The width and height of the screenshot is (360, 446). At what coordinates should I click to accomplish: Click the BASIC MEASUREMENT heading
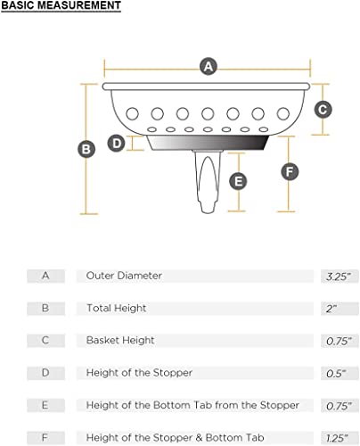click(x=61, y=5)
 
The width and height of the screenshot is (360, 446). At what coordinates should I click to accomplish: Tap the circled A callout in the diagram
click(x=209, y=66)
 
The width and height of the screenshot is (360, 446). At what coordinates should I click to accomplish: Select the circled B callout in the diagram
click(x=86, y=149)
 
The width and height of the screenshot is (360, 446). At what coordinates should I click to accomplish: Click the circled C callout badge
click(x=323, y=110)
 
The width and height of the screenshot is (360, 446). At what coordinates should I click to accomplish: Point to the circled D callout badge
click(x=116, y=144)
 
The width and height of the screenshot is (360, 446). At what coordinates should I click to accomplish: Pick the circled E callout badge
click(x=238, y=181)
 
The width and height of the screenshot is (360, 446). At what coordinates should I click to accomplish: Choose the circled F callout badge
click(x=290, y=171)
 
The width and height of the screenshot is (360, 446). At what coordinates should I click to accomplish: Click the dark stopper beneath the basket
click(x=209, y=143)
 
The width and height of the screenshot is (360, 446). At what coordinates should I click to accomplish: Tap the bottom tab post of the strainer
click(x=208, y=181)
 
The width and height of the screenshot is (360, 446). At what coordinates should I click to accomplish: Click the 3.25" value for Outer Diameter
click(x=339, y=277)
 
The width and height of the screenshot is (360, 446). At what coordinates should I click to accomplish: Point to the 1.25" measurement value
click(x=337, y=438)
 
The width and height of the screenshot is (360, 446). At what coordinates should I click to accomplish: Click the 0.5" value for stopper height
click(x=336, y=373)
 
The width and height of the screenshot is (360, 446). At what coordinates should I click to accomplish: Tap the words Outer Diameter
click(x=124, y=276)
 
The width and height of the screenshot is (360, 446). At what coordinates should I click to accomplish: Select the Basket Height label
click(x=120, y=341)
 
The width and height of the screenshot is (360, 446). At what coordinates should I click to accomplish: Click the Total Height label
click(x=116, y=308)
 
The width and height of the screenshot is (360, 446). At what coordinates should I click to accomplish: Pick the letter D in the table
click(x=45, y=373)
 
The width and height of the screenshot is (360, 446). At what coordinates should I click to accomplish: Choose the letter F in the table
click(x=45, y=437)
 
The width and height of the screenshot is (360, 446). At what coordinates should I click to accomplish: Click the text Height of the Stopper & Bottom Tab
click(x=175, y=438)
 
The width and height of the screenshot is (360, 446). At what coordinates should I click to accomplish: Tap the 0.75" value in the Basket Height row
click(x=339, y=341)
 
